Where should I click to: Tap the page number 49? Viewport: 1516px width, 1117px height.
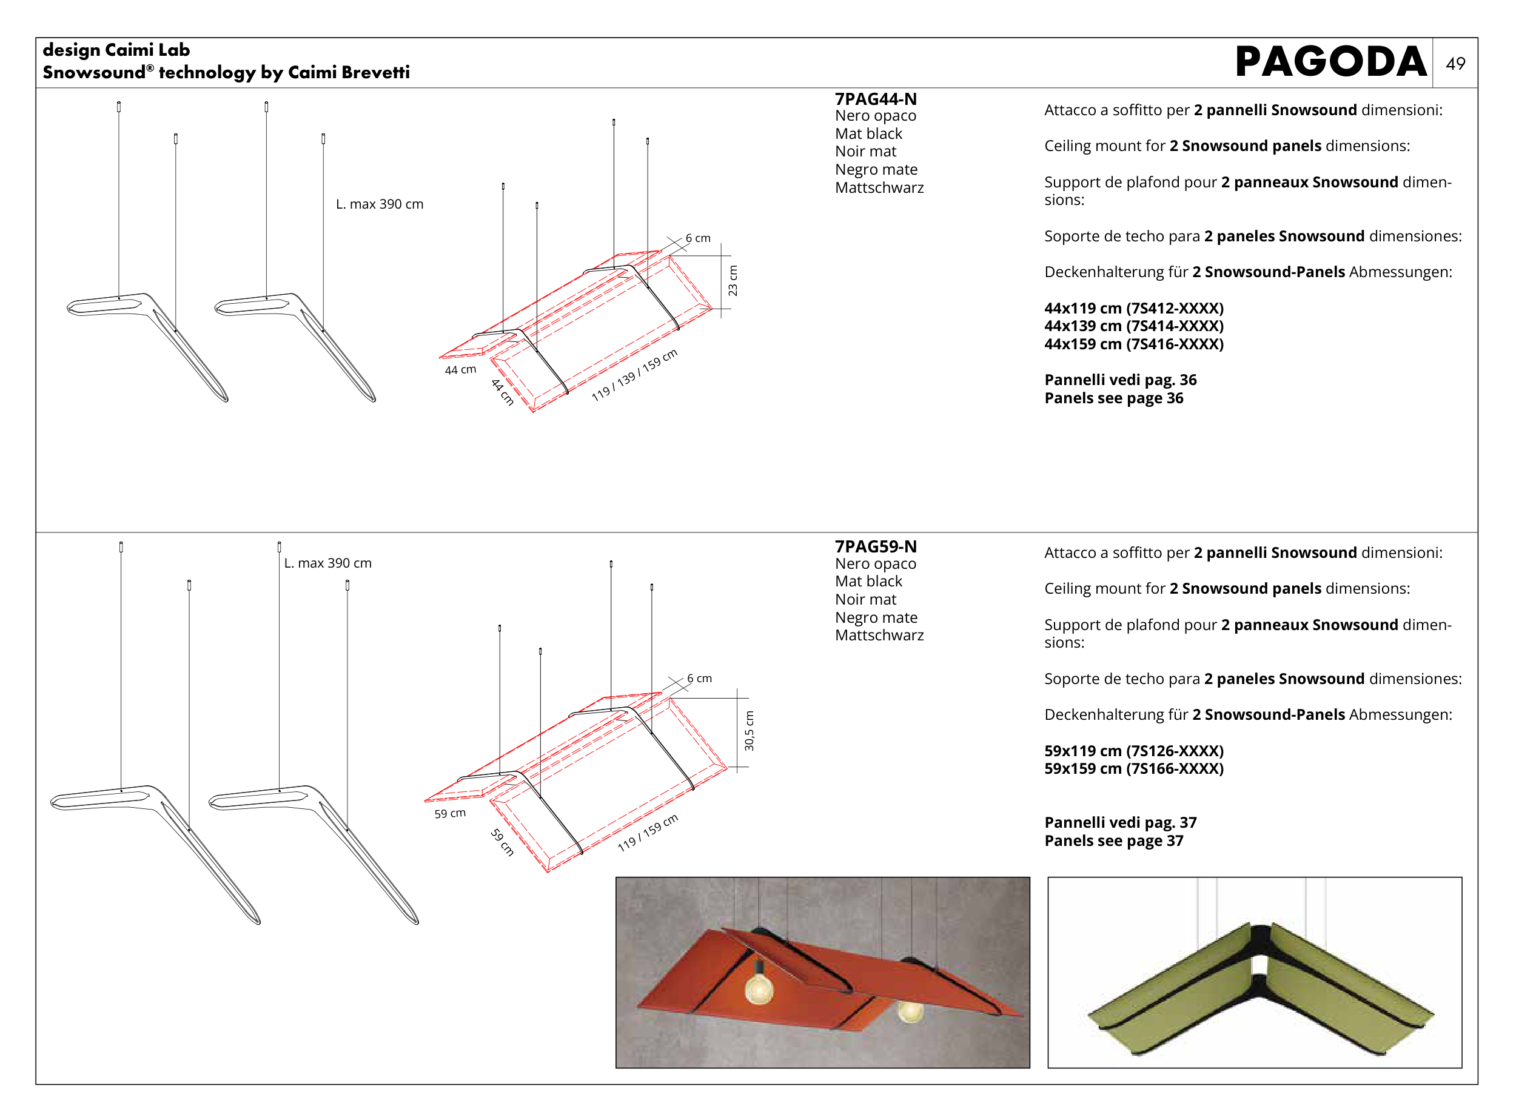coord(1455,64)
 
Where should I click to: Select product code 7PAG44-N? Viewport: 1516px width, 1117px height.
coord(875,99)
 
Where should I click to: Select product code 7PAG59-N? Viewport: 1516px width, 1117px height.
coord(875,546)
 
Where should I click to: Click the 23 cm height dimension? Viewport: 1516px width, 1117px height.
coord(733,281)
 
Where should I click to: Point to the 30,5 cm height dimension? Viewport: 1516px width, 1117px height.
coord(748,730)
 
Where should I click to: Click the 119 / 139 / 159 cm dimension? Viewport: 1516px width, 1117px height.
coord(634,375)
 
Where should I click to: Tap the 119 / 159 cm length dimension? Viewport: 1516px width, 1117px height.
coord(647,833)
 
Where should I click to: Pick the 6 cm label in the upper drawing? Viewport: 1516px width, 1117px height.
coord(697,238)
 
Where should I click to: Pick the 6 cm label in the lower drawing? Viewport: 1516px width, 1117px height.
coord(699,678)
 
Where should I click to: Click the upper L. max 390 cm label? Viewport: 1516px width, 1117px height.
coord(380,204)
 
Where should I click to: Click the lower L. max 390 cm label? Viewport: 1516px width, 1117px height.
coord(327,563)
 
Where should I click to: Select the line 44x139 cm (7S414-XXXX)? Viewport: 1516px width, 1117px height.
coord(1133,326)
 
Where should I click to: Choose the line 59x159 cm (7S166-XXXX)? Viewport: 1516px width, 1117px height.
coord(1133,769)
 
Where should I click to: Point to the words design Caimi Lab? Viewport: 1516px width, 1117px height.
coord(116,50)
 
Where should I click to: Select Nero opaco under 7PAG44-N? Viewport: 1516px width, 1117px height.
coord(875,116)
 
